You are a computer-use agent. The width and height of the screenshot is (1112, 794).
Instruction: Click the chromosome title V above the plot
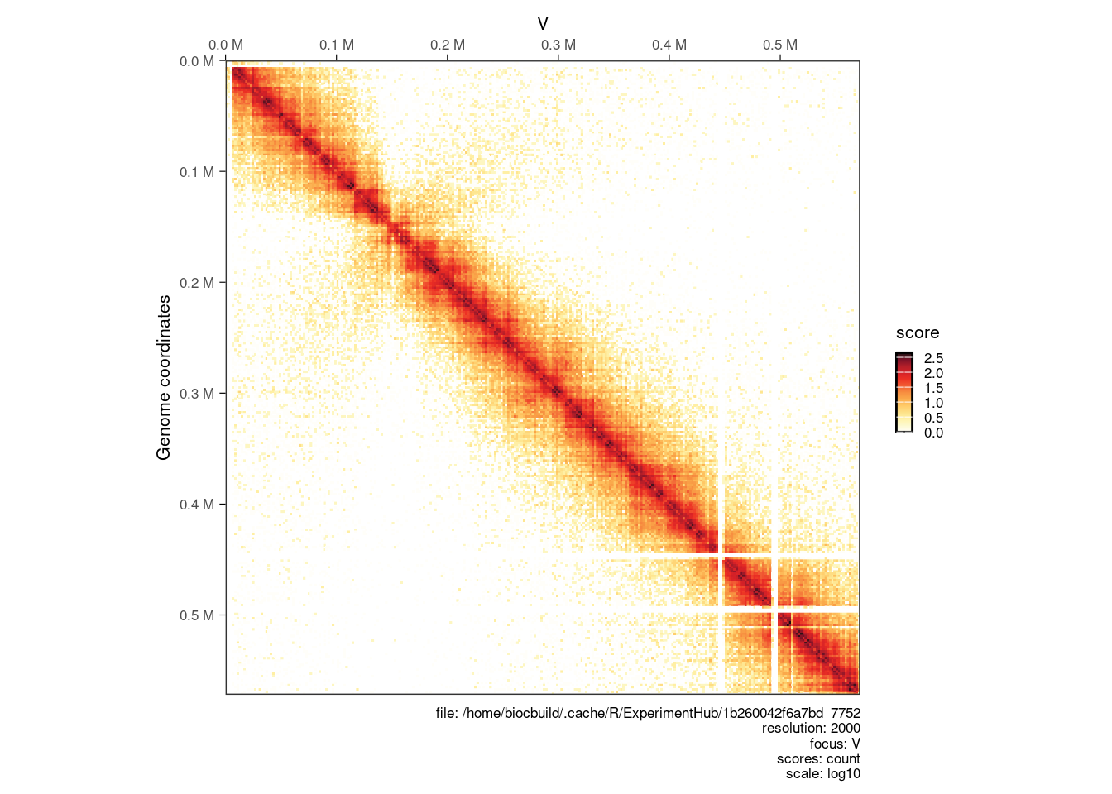[543, 24]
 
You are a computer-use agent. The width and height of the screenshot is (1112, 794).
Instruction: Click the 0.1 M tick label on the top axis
[337, 45]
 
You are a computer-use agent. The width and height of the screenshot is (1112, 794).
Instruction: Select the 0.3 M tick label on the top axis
[558, 45]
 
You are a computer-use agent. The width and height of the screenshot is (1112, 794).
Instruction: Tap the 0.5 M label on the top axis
[780, 45]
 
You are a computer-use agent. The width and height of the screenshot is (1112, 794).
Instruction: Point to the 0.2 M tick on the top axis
[448, 45]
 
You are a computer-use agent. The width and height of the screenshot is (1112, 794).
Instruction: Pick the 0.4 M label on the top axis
[669, 45]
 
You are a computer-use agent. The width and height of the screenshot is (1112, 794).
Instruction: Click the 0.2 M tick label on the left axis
[197, 283]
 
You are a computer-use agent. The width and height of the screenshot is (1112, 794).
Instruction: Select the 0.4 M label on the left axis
[197, 505]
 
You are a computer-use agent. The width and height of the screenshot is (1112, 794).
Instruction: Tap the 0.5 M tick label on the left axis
[197, 615]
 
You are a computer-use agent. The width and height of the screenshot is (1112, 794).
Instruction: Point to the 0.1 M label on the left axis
[197, 172]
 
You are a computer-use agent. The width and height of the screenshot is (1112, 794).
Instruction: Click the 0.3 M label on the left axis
[197, 394]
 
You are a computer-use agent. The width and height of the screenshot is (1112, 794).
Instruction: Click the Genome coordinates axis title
[164, 378]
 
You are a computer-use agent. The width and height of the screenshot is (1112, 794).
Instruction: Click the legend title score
[918, 332]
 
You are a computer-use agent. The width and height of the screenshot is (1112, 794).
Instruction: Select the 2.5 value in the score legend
[933, 358]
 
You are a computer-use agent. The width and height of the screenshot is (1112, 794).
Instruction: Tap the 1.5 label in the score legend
[933, 388]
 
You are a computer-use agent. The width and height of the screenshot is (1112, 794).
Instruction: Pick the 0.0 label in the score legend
[933, 433]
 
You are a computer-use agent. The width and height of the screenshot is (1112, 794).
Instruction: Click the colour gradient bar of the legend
[904, 393]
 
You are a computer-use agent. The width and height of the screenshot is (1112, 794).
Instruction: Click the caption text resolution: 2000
[811, 729]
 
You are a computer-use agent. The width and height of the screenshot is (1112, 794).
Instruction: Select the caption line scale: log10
[822, 774]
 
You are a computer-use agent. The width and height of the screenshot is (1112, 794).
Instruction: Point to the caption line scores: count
[818, 758]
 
